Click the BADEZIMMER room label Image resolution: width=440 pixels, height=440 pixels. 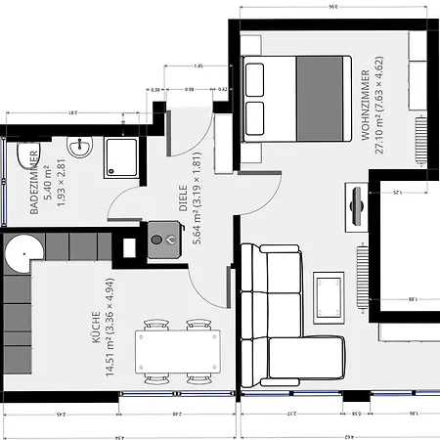pos(35,183)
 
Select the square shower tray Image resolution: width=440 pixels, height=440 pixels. pos(122,154)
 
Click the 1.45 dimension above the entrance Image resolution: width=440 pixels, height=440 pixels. pos(198,66)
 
